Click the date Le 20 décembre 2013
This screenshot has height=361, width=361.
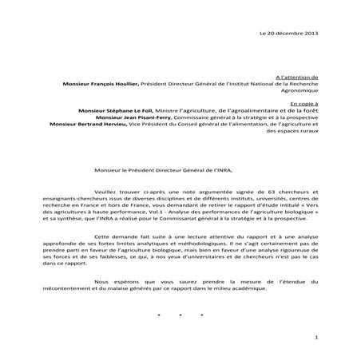(293, 32)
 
